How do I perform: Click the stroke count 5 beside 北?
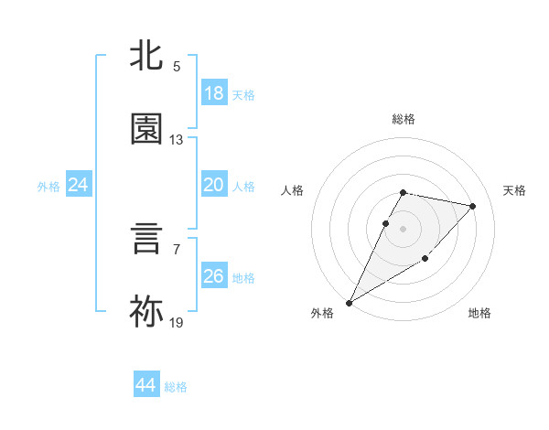coord(177,67)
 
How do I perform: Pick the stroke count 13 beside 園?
coord(177,140)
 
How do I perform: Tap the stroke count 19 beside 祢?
coord(177,323)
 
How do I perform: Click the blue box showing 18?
coord(214,93)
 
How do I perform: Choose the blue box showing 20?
coord(214,185)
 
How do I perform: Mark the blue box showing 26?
coord(214,276)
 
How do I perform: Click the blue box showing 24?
coord(79,185)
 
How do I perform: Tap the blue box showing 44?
coord(146,385)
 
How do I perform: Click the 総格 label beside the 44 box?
coord(177,387)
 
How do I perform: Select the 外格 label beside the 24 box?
coord(48,187)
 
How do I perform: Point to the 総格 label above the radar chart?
coord(404,119)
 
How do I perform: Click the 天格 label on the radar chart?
coord(515,190)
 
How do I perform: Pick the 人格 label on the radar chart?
coord(293,190)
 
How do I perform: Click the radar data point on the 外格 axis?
coord(350,302)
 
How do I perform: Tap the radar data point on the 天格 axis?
coord(473,206)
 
